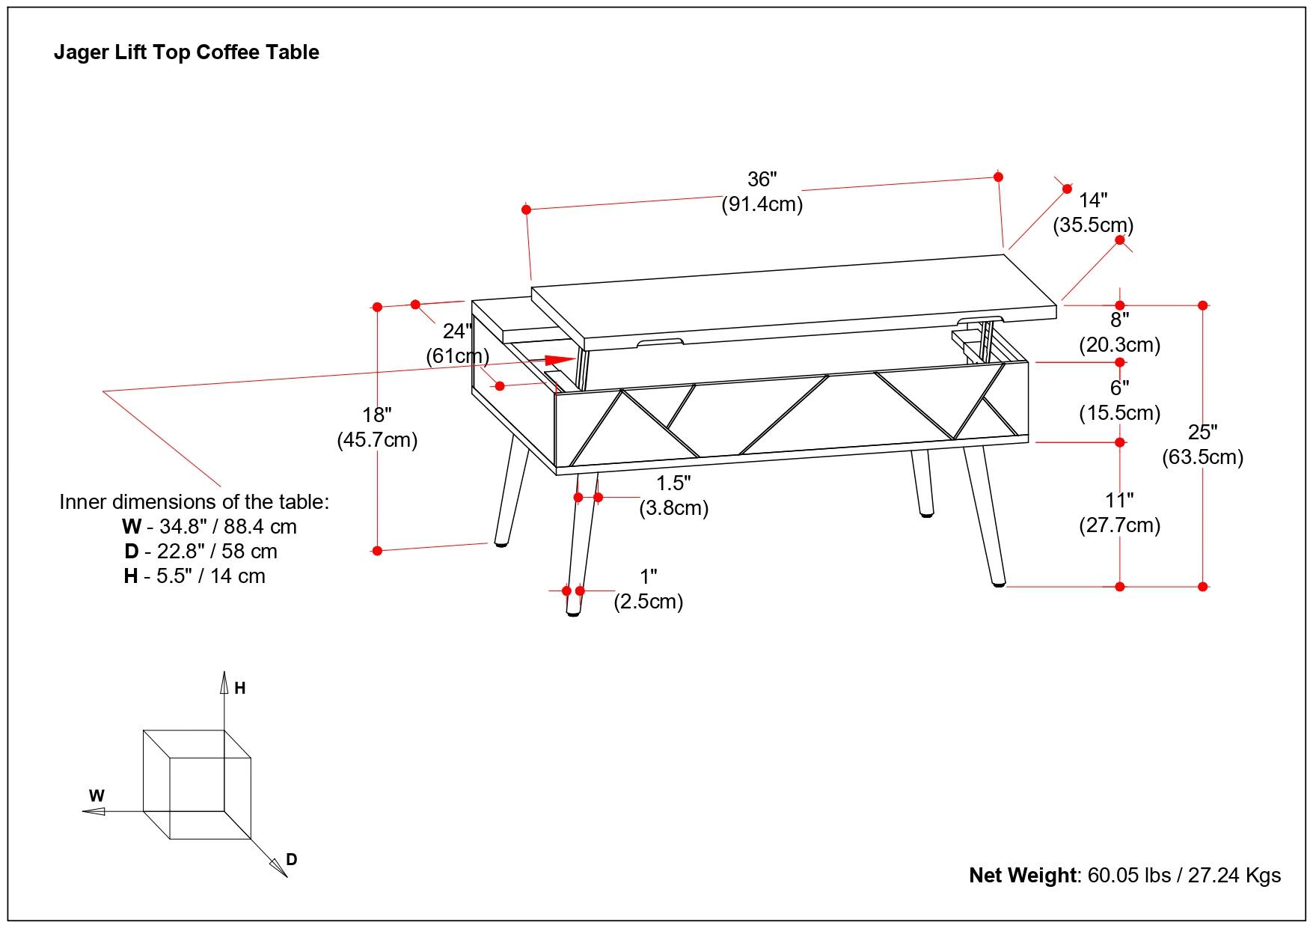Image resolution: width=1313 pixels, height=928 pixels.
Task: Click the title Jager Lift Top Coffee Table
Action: pyautogui.click(x=186, y=52)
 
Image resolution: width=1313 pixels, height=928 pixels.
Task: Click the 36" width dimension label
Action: pyautogui.click(x=762, y=192)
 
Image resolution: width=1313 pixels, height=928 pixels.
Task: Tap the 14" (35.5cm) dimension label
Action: pyautogui.click(x=1093, y=213)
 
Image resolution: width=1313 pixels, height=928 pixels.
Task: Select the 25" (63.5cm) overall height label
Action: pyautogui.click(x=1202, y=445)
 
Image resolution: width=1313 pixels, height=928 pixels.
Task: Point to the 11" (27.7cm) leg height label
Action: pyautogui.click(x=1119, y=513)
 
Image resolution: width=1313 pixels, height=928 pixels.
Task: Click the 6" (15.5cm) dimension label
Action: pyautogui.click(x=1119, y=400)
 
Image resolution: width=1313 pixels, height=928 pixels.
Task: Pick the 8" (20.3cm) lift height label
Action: pyautogui.click(x=1119, y=332)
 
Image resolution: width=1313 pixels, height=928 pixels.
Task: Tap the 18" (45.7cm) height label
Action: pyautogui.click(x=377, y=427)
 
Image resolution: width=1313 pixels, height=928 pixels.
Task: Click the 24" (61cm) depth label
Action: pyautogui.click(x=457, y=343)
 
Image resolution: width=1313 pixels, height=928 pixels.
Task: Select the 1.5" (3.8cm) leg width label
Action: pyautogui.click(x=673, y=495)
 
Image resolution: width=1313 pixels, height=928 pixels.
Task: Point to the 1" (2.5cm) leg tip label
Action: pyautogui.click(x=649, y=589)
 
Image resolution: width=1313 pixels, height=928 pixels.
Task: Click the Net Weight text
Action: pyautogui.click(x=1124, y=875)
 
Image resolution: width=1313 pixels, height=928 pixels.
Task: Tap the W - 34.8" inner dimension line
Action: pyautogui.click(x=209, y=526)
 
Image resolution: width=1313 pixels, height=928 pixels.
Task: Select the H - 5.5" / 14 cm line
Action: pyautogui.click(x=195, y=576)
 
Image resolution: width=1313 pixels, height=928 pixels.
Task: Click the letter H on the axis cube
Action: pyautogui.click(x=240, y=689)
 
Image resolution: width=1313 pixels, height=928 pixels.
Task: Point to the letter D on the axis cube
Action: pyautogui.click(x=292, y=859)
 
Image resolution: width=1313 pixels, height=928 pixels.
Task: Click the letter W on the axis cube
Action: pyautogui.click(x=97, y=796)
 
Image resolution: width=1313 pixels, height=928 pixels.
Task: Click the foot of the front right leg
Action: pyautogui.click(x=998, y=582)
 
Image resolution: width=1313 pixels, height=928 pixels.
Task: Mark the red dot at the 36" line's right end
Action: pyautogui.click(x=998, y=177)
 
